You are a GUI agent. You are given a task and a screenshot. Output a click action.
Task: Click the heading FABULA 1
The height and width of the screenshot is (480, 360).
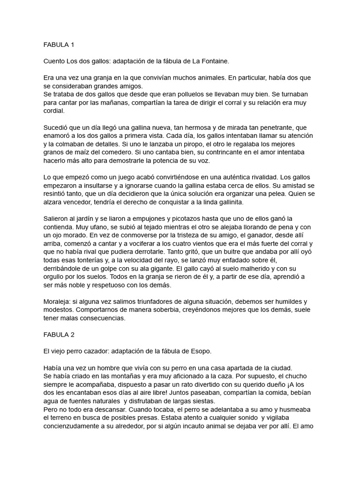click(x=59, y=45)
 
